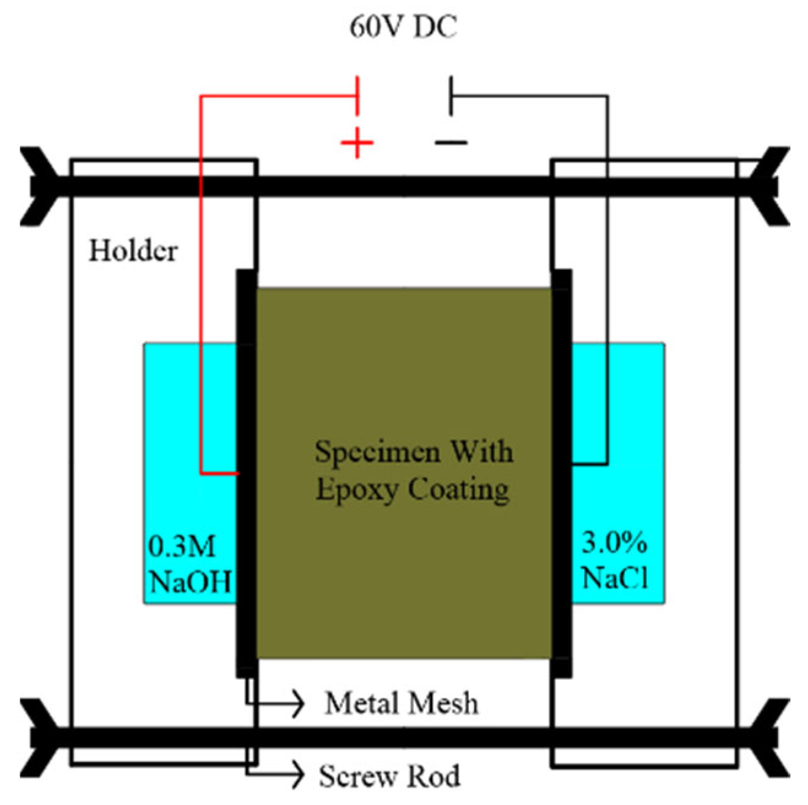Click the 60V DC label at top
coord(403,27)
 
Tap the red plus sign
coord(357,143)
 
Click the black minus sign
coord(451,143)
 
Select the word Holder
coord(133,251)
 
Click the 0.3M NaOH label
coord(189,564)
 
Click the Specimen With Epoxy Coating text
coord(413,471)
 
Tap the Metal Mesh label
coord(402,703)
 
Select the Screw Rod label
coord(390,776)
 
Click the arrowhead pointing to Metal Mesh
coord(297,703)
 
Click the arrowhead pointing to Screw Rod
coord(297,776)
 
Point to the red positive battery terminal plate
coord(357,96)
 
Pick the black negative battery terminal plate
coord(451,96)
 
